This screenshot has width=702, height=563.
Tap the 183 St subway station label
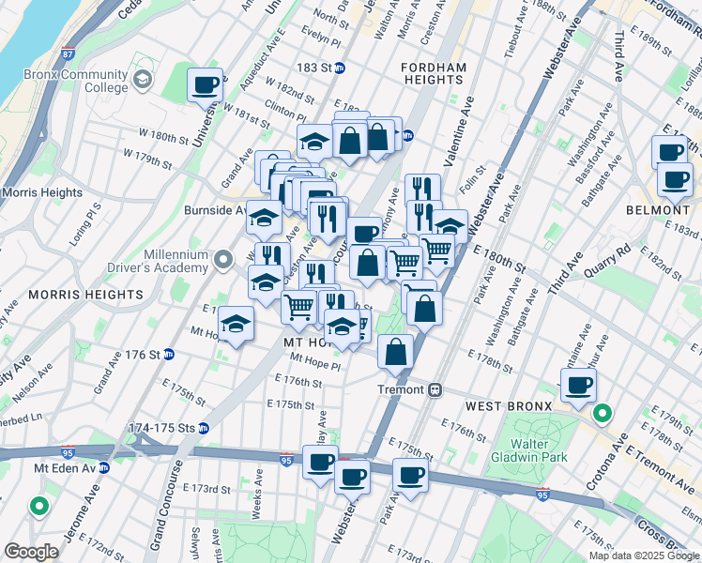click(318, 68)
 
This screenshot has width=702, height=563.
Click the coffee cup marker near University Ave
click(205, 85)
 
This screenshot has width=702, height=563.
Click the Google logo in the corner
click(32, 552)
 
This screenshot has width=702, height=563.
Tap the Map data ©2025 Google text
click(644, 555)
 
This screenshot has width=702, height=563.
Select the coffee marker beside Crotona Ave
click(578, 384)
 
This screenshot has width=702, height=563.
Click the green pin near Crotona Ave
click(602, 412)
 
